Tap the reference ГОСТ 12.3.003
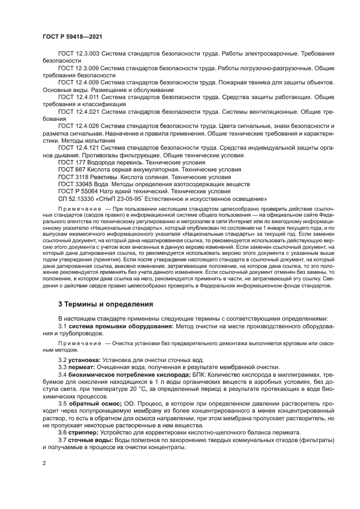click(78, 53)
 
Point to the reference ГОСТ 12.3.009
click(78, 68)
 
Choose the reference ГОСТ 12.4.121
click(78, 148)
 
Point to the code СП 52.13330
click(77, 199)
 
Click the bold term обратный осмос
click(93, 404)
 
